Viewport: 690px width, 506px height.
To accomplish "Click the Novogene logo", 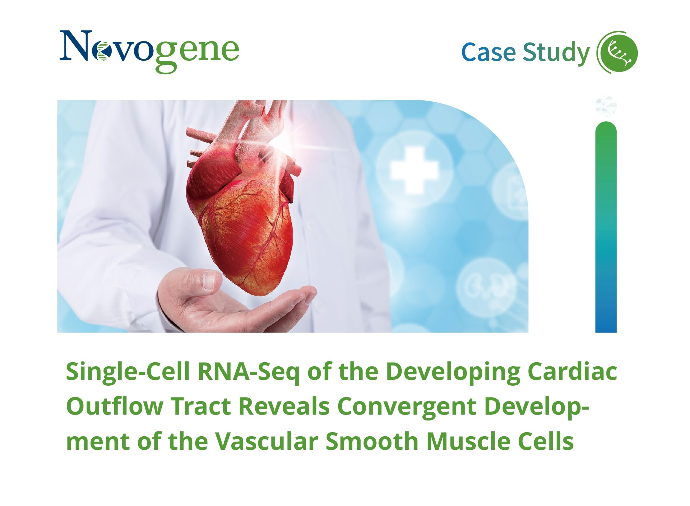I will (x=149, y=51).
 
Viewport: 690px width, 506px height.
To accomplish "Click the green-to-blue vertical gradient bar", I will (x=606, y=227).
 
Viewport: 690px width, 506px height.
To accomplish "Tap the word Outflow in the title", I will (x=114, y=406).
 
